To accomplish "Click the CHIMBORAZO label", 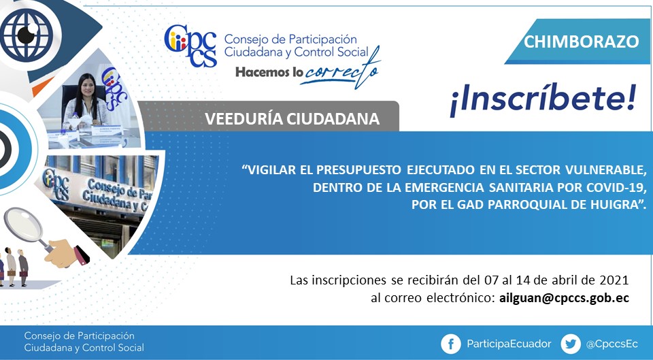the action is tap(581, 42).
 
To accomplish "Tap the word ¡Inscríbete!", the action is tap(543, 101).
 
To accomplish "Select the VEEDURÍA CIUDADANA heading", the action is tap(292, 118).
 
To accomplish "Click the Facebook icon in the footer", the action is tap(451, 344).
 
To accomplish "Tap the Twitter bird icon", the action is tap(571, 344).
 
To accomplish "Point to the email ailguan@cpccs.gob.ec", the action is tap(564, 298).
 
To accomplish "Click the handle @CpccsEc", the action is tap(612, 344).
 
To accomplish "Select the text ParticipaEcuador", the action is tap(509, 344).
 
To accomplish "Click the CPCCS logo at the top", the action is tap(190, 46).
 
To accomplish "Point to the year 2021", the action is tap(614, 280).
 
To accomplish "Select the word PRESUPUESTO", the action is tap(359, 170).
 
